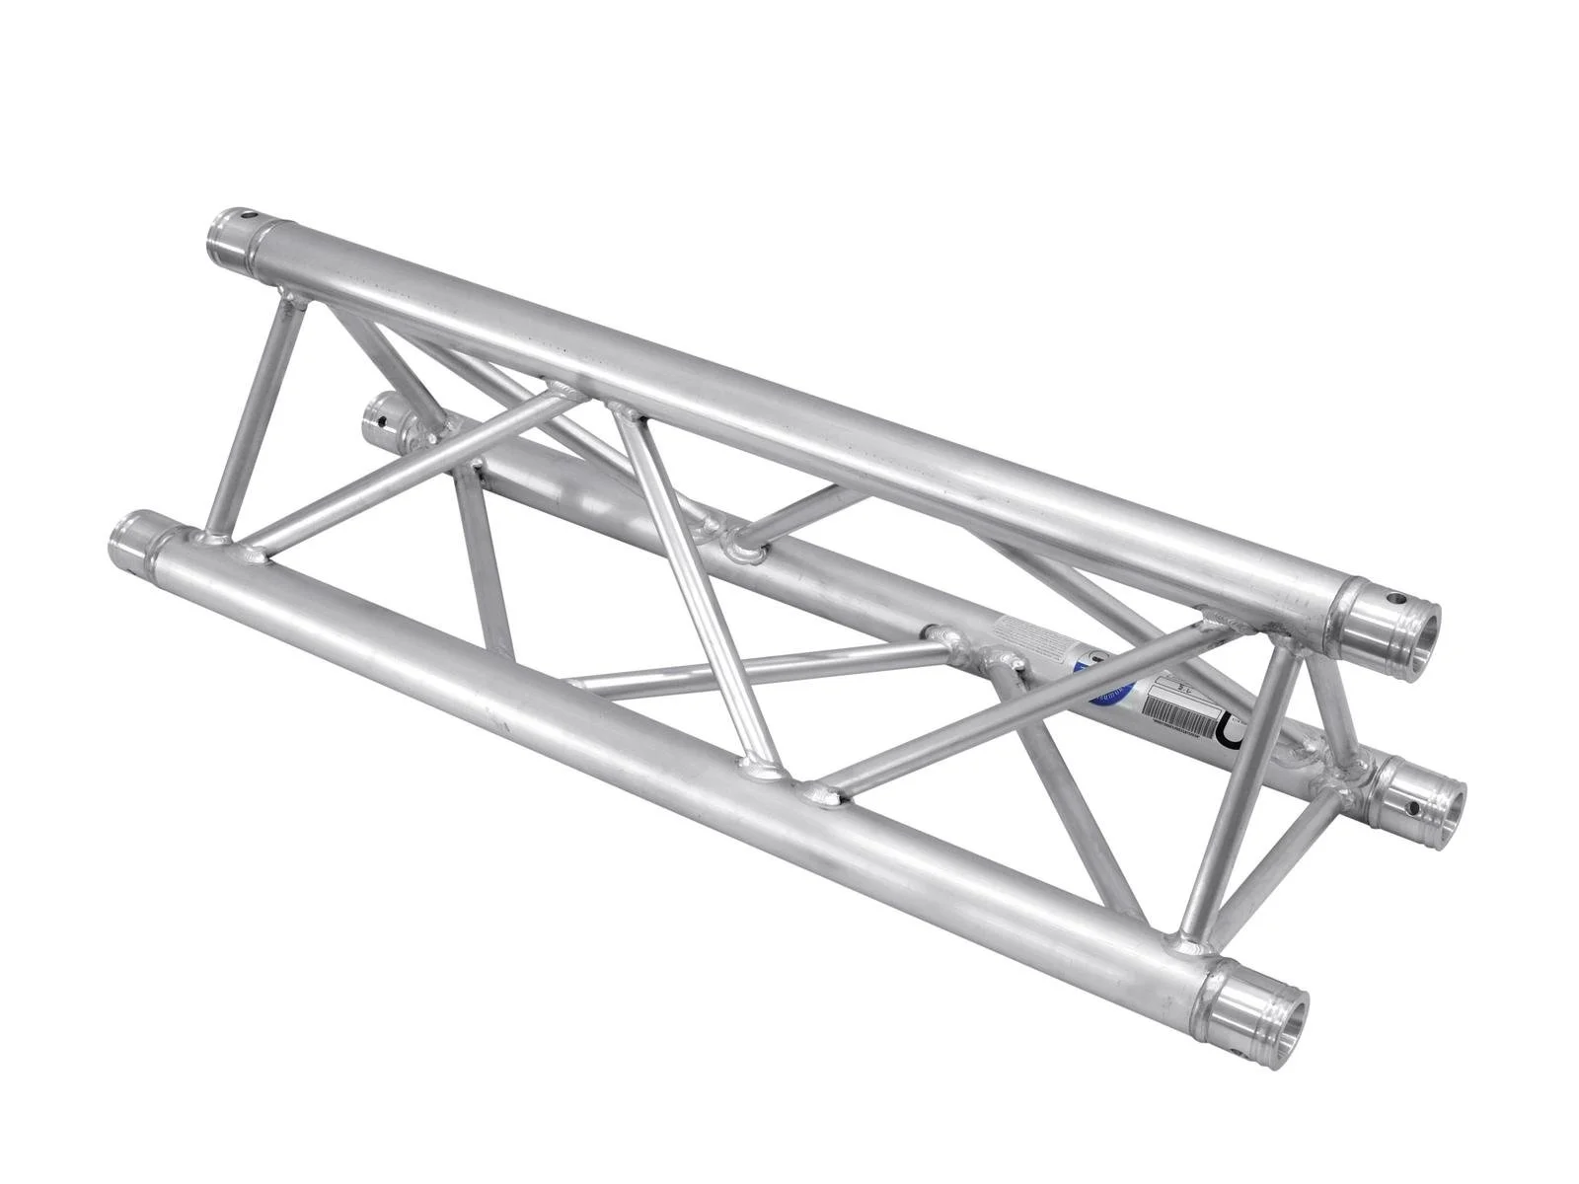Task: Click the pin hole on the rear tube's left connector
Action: tap(380, 425)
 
